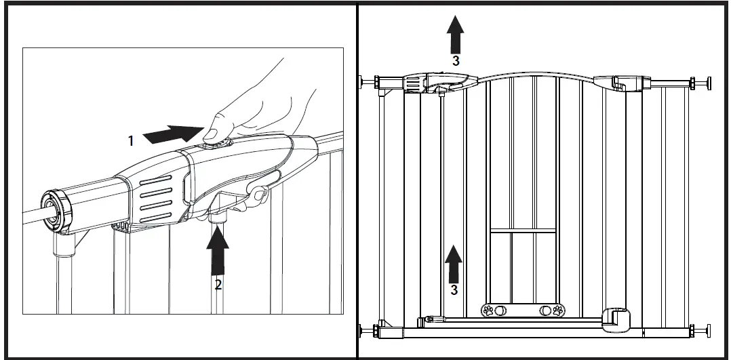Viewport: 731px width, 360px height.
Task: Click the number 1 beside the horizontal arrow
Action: (131, 141)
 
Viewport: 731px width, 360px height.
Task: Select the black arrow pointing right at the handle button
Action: (173, 133)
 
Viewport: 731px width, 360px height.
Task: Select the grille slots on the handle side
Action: (157, 197)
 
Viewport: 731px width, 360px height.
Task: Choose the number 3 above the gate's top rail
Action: (456, 60)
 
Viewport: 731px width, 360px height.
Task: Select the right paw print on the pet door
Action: (558, 311)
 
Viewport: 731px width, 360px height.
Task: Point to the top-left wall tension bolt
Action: (370, 82)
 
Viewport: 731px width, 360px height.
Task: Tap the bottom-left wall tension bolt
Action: (370, 332)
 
